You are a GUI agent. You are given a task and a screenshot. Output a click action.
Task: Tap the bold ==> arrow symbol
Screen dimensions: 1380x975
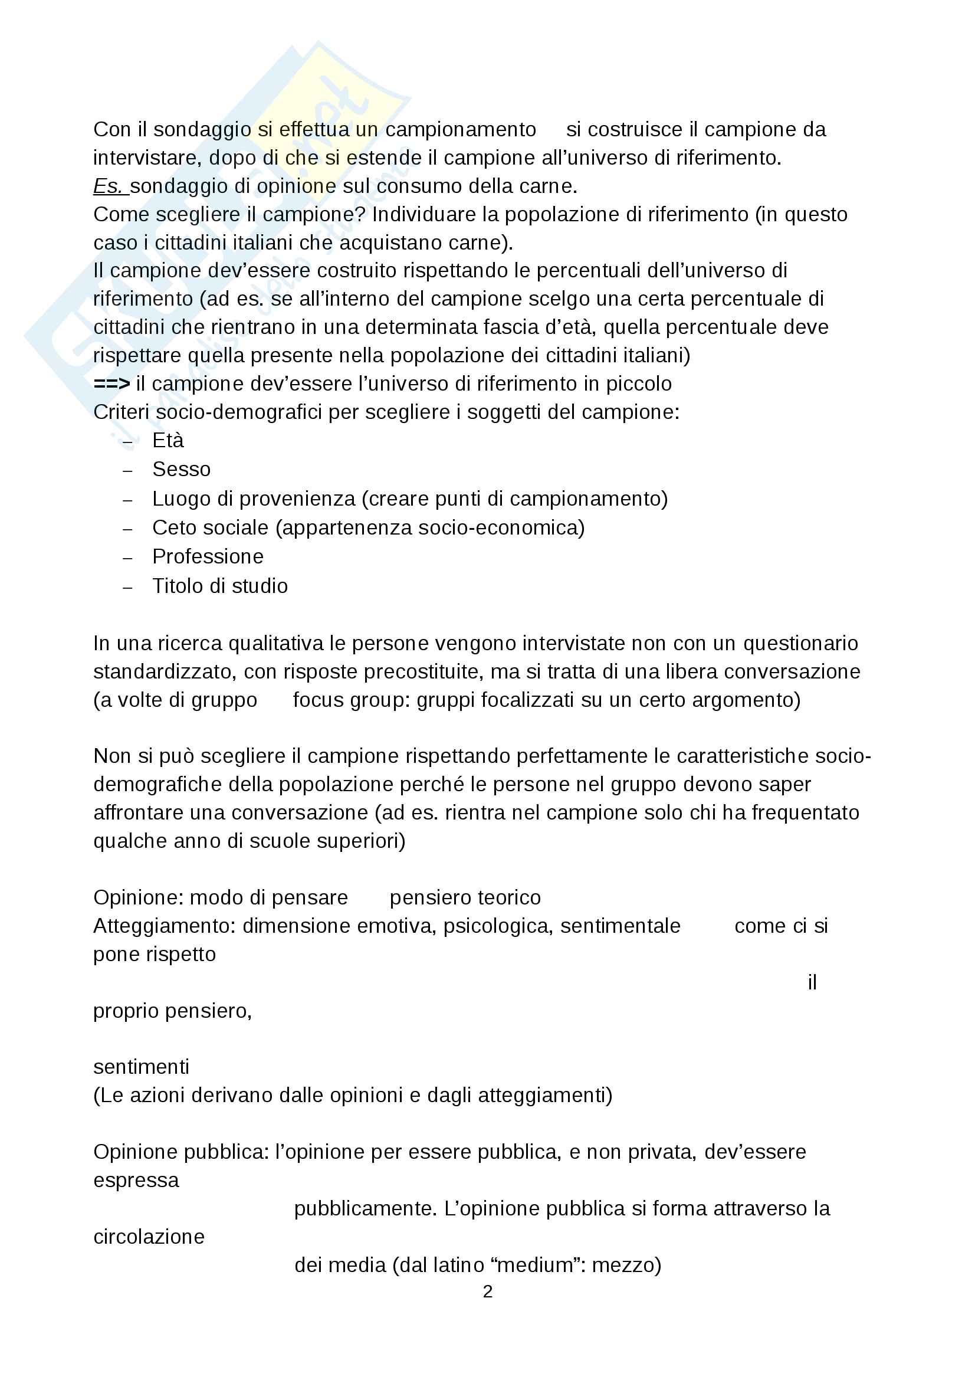click(111, 383)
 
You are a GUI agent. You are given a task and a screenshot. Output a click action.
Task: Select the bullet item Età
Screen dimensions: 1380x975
click(168, 441)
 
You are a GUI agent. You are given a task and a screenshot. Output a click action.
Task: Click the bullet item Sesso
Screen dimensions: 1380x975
click(182, 470)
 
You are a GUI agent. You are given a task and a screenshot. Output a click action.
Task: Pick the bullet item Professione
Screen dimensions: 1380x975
click(208, 556)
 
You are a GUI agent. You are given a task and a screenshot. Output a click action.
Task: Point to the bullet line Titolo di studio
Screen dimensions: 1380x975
click(220, 586)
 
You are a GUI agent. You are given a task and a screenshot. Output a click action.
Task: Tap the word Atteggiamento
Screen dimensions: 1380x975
click(163, 926)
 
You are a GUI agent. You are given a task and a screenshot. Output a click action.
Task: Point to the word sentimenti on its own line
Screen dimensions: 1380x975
click(141, 1067)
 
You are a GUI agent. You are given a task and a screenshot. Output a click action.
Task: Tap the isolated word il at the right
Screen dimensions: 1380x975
click(812, 983)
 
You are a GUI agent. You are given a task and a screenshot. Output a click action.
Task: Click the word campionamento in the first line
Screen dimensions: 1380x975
click(460, 130)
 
